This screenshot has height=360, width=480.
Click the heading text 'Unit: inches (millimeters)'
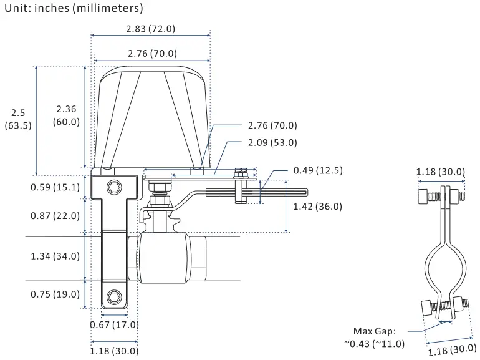click(74, 9)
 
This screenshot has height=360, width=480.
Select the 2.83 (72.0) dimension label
click(150, 29)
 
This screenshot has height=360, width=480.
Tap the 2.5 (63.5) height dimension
click(18, 119)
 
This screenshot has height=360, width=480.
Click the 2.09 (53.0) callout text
click(272, 142)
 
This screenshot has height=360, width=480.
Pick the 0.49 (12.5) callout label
click(318, 170)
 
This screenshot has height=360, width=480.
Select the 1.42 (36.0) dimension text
click(317, 207)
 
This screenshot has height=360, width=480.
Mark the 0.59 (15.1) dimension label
click(55, 187)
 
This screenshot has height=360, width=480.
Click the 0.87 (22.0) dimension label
click(55, 215)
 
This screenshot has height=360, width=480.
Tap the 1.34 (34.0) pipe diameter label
click(55, 256)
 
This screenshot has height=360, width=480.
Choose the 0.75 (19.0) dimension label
click(55, 294)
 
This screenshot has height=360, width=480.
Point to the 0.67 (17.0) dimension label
click(114, 324)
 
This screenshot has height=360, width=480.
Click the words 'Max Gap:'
click(374, 331)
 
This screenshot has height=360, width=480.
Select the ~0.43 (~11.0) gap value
click(373, 344)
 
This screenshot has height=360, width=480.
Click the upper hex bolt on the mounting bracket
click(113, 187)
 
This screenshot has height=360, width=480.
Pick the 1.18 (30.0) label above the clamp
click(440, 172)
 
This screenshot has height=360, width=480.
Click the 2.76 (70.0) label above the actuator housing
click(151, 53)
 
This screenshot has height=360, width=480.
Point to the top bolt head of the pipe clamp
click(424, 196)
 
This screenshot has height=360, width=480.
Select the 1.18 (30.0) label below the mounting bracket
click(114, 351)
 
